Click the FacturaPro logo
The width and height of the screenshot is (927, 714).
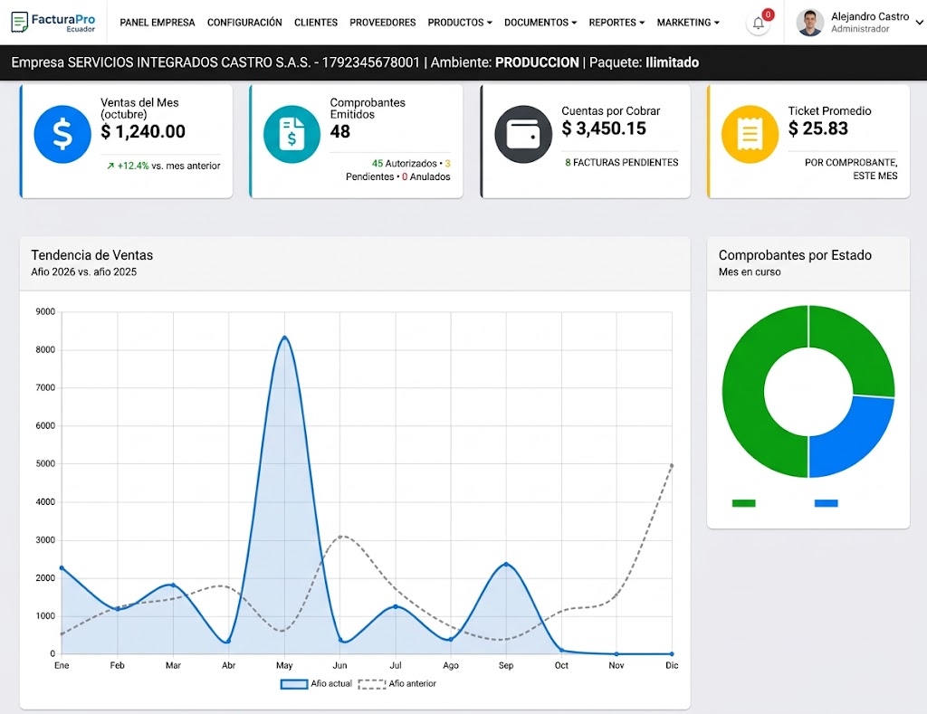click(53, 23)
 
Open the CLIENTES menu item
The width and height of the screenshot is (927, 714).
click(316, 23)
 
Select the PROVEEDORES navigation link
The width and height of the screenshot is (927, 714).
click(383, 23)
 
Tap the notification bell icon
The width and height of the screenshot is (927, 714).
click(758, 24)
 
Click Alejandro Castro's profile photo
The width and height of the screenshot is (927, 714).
click(809, 23)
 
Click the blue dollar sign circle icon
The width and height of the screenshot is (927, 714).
click(62, 134)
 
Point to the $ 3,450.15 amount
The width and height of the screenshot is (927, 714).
click(604, 129)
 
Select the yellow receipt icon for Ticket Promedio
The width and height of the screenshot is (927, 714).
click(750, 134)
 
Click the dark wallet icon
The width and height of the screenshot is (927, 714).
click(523, 134)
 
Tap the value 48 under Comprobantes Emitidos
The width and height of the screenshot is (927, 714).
click(340, 131)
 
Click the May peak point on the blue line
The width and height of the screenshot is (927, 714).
click(285, 338)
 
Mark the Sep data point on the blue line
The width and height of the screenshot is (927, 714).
click(506, 565)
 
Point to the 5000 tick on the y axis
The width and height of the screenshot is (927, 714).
click(45, 463)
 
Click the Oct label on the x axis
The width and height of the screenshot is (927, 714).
click(561, 665)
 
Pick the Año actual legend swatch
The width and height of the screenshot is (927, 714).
click(294, 684)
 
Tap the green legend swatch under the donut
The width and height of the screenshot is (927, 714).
click(744, 503)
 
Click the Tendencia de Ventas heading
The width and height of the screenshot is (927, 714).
click(91, 255)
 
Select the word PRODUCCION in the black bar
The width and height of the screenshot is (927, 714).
click(537, 62)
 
